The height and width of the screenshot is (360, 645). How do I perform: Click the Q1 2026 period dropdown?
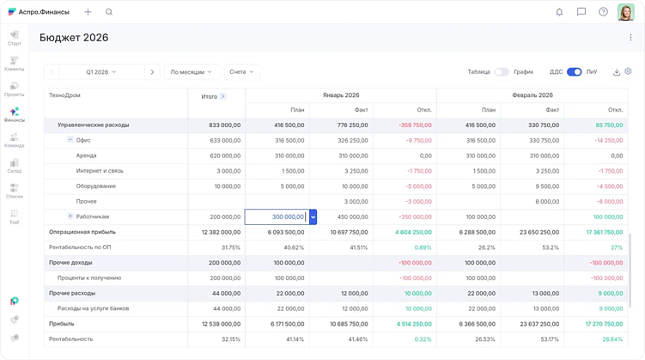[x=101, y=72]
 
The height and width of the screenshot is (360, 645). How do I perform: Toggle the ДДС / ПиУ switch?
[x=574, y=72]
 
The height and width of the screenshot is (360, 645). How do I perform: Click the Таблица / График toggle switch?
[x=502, y=72]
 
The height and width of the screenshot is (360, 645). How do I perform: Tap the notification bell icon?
[x=559, y=12]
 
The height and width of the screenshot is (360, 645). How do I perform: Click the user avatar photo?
[x=625, y=12]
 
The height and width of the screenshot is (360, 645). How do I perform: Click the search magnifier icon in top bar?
[x=109, y=12]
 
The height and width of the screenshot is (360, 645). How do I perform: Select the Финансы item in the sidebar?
[x=14, y=115]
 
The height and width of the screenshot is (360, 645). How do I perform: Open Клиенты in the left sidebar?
[x=14, y=64]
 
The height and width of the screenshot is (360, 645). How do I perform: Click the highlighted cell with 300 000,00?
[x=276, y=217]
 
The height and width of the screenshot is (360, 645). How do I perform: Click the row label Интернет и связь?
[x=100, y=170]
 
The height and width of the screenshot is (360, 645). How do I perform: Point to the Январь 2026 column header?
[x=340, y=95]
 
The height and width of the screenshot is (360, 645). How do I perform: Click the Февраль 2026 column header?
[x=532, y=95]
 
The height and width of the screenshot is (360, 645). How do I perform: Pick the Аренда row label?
[x=86, y=156]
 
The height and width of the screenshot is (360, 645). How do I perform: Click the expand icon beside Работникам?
[x=70, y=217]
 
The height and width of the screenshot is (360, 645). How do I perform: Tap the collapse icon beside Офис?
[x=70, y=139]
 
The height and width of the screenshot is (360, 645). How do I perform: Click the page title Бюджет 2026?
[x=74, y=38]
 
